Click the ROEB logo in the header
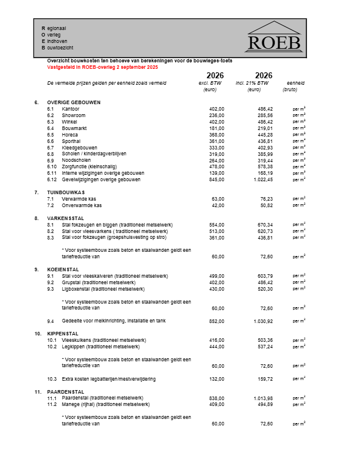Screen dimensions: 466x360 (x=274, y=36)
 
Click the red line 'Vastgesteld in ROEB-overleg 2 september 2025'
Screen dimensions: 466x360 (x=102, y=67)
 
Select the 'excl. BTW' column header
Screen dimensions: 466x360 (x=210, y=83)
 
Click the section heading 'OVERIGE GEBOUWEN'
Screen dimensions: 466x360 (x=74, y=102)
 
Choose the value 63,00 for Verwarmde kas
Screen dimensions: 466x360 (x=218, y=199)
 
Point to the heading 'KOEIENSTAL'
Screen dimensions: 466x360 (x=63, y=269)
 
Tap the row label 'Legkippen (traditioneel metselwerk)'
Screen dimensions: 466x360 (x=100, y=347)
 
